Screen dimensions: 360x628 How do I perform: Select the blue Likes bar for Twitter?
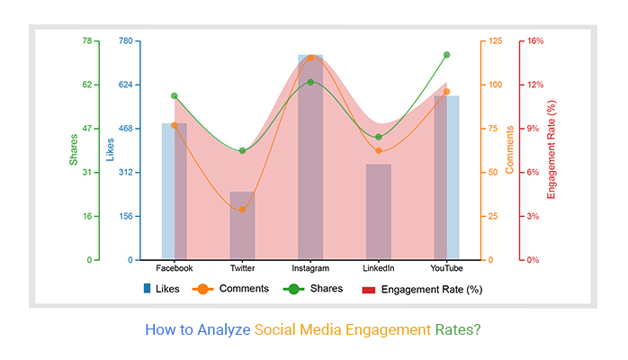pos(242,226)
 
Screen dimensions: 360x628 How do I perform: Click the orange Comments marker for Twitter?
pos(242,210)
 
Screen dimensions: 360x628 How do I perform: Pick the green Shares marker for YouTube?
pos(446,55)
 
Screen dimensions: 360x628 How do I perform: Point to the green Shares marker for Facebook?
pos(175,95)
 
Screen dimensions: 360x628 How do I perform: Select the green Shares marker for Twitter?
pos(242,150)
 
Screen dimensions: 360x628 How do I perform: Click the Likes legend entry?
pos(162,289)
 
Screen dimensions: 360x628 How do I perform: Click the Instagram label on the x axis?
pos(310,269)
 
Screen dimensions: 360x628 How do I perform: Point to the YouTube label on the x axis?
pos(446,269)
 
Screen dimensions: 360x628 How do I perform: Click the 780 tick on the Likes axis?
pos(125,41)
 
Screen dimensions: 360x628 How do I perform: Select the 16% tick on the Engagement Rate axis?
pos(536,41)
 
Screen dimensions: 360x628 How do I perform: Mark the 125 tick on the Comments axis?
pos(497,41)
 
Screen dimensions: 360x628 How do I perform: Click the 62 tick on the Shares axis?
pos(86,85)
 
